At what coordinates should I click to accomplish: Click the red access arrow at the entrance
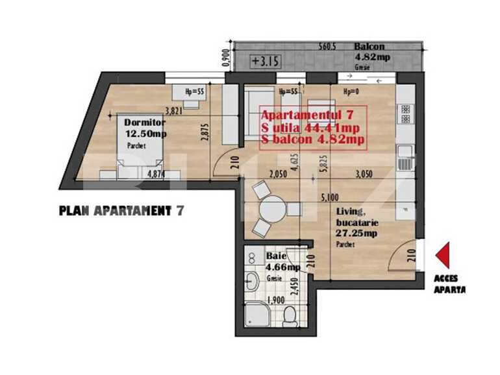(x=443, y=255)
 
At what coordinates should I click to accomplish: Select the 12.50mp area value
(x=146, y=134)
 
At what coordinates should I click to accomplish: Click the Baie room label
(x=275, y=256)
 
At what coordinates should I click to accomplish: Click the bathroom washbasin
(x=253, y=281)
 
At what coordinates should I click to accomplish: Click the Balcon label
(x=369, y=47)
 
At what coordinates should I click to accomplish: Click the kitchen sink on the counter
(x=403, y=154)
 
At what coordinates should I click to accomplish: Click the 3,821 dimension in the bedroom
(x=175, y=110)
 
